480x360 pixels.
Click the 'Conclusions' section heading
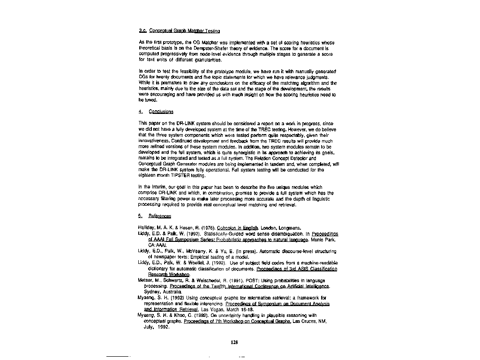point(161,112)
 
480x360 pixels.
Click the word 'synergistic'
point(246,153)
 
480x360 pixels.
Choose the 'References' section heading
point(159,216)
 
